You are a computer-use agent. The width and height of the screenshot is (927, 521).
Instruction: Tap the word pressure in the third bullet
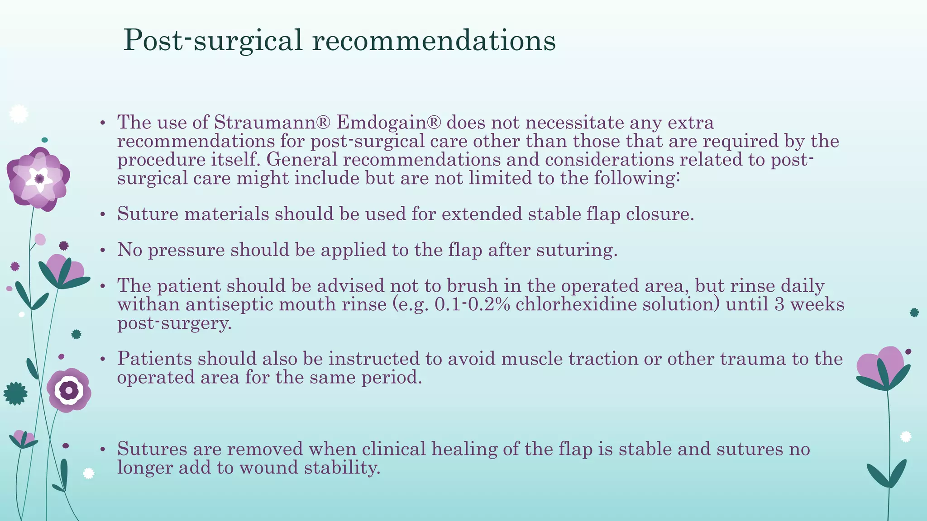[186, 250]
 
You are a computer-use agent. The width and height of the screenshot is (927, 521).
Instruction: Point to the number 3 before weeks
[779, 304]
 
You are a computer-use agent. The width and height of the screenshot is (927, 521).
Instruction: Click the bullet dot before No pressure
[103, 251]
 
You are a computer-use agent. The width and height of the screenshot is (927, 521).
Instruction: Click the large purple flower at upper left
[38, 179]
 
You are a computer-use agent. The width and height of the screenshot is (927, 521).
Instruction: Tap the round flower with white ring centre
[69, 390]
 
